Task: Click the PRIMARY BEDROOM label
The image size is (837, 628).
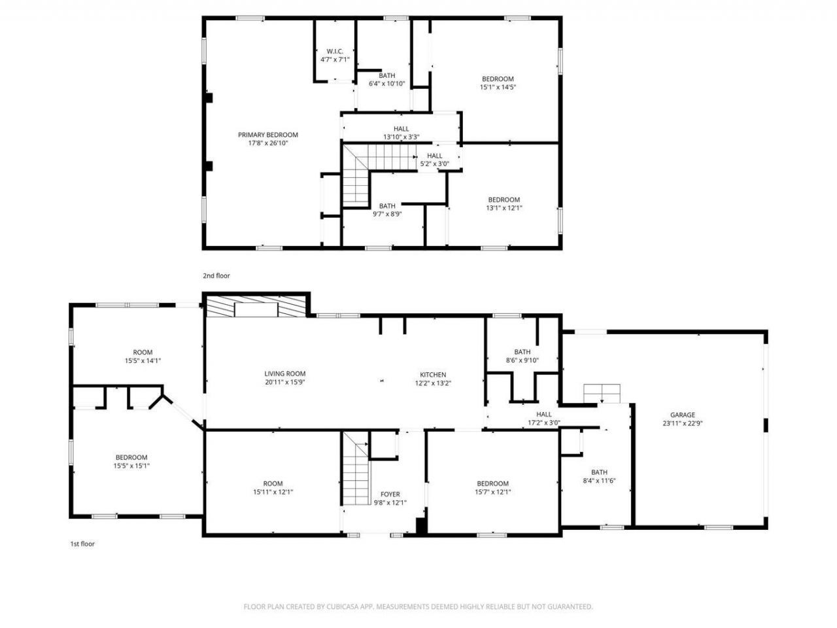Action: [x=267, y=135]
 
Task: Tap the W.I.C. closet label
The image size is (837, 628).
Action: [x=335, y=51]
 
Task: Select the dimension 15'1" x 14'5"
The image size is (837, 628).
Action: [x=498, y=87]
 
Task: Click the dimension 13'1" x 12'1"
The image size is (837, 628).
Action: [x=504, y=208]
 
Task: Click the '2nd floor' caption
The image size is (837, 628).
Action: [x=216, y=276]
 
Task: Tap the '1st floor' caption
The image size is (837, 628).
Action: [x=82, y=544]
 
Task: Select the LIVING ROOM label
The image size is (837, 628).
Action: [x=284, y=374]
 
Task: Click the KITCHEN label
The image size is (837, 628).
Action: [x=432, y=374]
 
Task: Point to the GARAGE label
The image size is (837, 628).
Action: [x=682, y=415]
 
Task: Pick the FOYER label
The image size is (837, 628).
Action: [x=390, y=494]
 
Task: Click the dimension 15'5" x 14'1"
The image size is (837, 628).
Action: [x=143, y=360]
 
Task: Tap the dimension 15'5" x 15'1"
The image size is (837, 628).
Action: [x=131, y=466]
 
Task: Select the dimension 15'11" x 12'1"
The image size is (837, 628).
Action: [x=273, y=492]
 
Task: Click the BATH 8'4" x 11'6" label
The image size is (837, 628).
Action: [x=599, y=472]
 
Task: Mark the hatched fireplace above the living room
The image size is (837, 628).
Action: [x=256, y=307]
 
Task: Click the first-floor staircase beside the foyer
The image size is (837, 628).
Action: [x=356, y=468]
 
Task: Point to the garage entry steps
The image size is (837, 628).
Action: [x=602, y=394]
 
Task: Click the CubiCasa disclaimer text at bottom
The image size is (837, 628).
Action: [x=418, y=606]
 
